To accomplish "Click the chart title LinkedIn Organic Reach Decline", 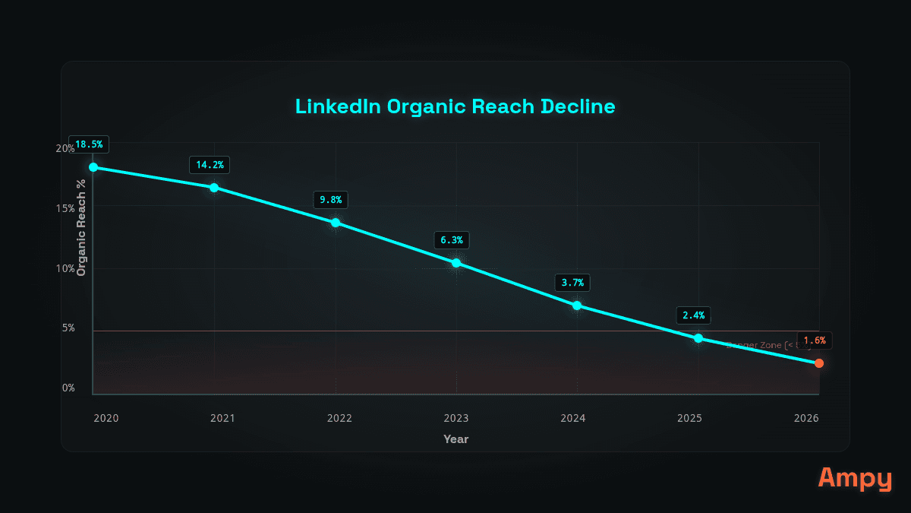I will point(455,106).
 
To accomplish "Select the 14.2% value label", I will point(210,164).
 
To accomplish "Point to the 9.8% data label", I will point(331,200).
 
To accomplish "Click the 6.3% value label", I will point(452,240).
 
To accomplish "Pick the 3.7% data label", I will point(572,283).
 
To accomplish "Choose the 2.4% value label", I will point(693,315).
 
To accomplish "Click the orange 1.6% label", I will point(814,340).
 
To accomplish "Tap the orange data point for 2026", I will point(819,363).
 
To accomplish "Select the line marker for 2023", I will point(456,263).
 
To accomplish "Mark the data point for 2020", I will point(93,167).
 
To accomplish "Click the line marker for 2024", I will point(577,306).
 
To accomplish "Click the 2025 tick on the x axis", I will point(689,418).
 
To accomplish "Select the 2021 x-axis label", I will point(222,418).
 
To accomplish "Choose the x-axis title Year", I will point(456,439).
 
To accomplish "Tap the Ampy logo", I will point(855,479).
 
